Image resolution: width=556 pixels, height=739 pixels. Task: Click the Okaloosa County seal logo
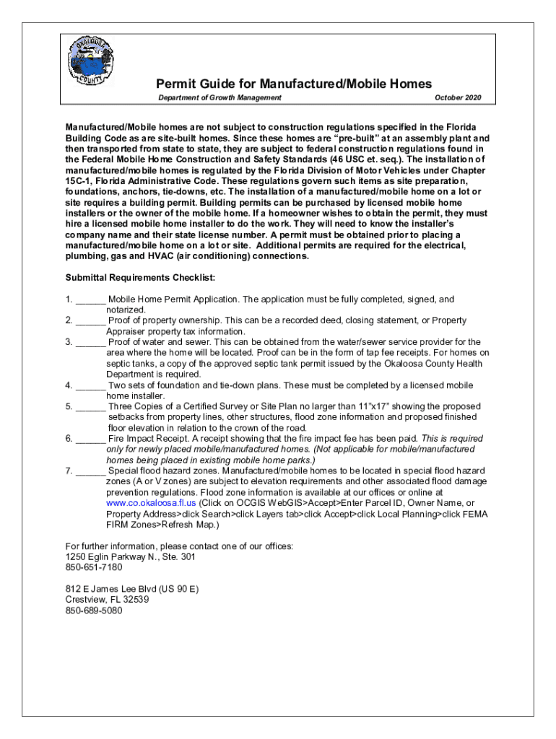click(x=90, y=61)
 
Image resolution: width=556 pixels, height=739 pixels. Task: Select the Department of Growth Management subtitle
click(x=220, y=98)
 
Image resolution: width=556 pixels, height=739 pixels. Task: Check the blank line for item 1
click(x=90, y=299)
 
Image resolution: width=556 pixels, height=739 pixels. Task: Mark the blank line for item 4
click(x=90, y=385)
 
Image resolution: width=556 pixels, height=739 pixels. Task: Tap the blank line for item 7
click(x=90, y=471)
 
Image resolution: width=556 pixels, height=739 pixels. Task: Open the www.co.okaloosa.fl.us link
click(x=150, y=503)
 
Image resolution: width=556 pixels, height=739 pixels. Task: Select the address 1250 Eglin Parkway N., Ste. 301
click(x=130, y=556)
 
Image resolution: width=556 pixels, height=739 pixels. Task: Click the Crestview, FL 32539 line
click(x=107, y=600)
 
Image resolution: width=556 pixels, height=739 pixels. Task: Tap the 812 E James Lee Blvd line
click(x=131, y=589)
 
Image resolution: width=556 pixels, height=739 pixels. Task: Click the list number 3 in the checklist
click(x=69, y=342)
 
